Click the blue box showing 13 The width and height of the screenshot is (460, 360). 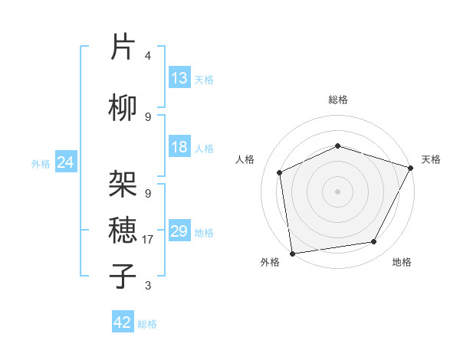(x=179, y=78)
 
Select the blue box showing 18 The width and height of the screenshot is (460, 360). (x=179, y=147)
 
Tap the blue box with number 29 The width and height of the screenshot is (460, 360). (x=179, y=231)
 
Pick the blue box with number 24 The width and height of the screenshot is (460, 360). (x=66, y=162)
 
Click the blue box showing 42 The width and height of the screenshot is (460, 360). (x=123, y=322)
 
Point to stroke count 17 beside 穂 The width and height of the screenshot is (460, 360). (x=149, y=240)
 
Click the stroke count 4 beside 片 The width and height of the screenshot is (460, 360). (x=148, y=56)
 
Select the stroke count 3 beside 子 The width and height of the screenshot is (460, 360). (x=148, y=286)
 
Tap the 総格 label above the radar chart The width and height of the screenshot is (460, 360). (x=338, y=100)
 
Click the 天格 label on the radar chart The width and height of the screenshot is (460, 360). (x=431, y=159)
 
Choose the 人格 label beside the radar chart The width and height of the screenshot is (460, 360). (x=245, y=159)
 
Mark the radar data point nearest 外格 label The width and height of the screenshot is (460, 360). (x=292, y=253)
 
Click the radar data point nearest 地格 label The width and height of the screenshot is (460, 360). (x=374, y=242)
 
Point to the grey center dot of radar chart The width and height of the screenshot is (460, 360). (x=337, y=191)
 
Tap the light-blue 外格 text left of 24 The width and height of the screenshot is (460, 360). (x=40, y=163)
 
